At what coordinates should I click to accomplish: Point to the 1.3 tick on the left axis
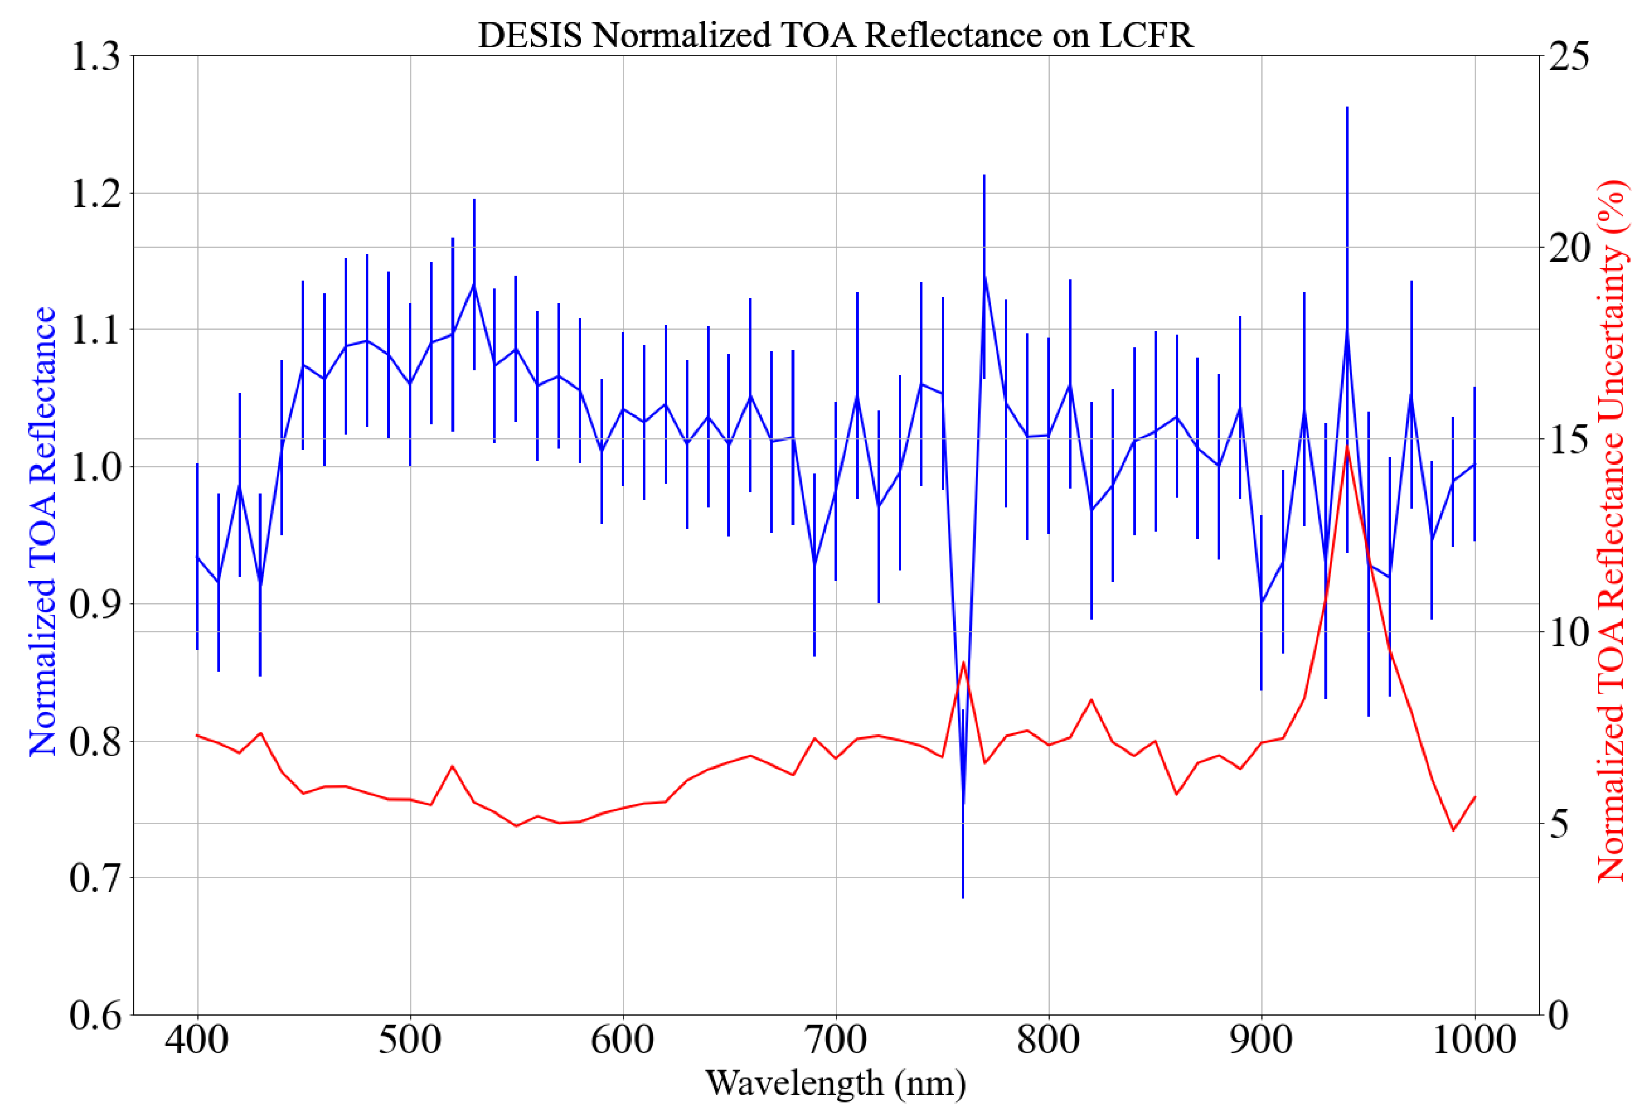click(x=95, y=56)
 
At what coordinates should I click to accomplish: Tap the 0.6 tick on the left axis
click(x=95, y=1015)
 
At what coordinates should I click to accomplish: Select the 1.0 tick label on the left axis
click(x=95, y=467)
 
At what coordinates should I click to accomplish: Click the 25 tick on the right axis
click(x=1568, y=56)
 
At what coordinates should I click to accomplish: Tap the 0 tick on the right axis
click(x=1559, y=1015)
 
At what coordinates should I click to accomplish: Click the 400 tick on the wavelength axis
click(x=197, y=1041)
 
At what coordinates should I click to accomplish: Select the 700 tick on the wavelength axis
click(x=835, y=1041)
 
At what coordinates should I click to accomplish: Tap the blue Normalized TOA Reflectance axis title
click(x=43, y=532)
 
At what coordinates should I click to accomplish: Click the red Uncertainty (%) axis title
click(x=1611, y=532)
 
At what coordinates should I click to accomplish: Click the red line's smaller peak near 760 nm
click(x=963, y=663)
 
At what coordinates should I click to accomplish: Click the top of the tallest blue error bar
click(x=1347, y=108)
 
